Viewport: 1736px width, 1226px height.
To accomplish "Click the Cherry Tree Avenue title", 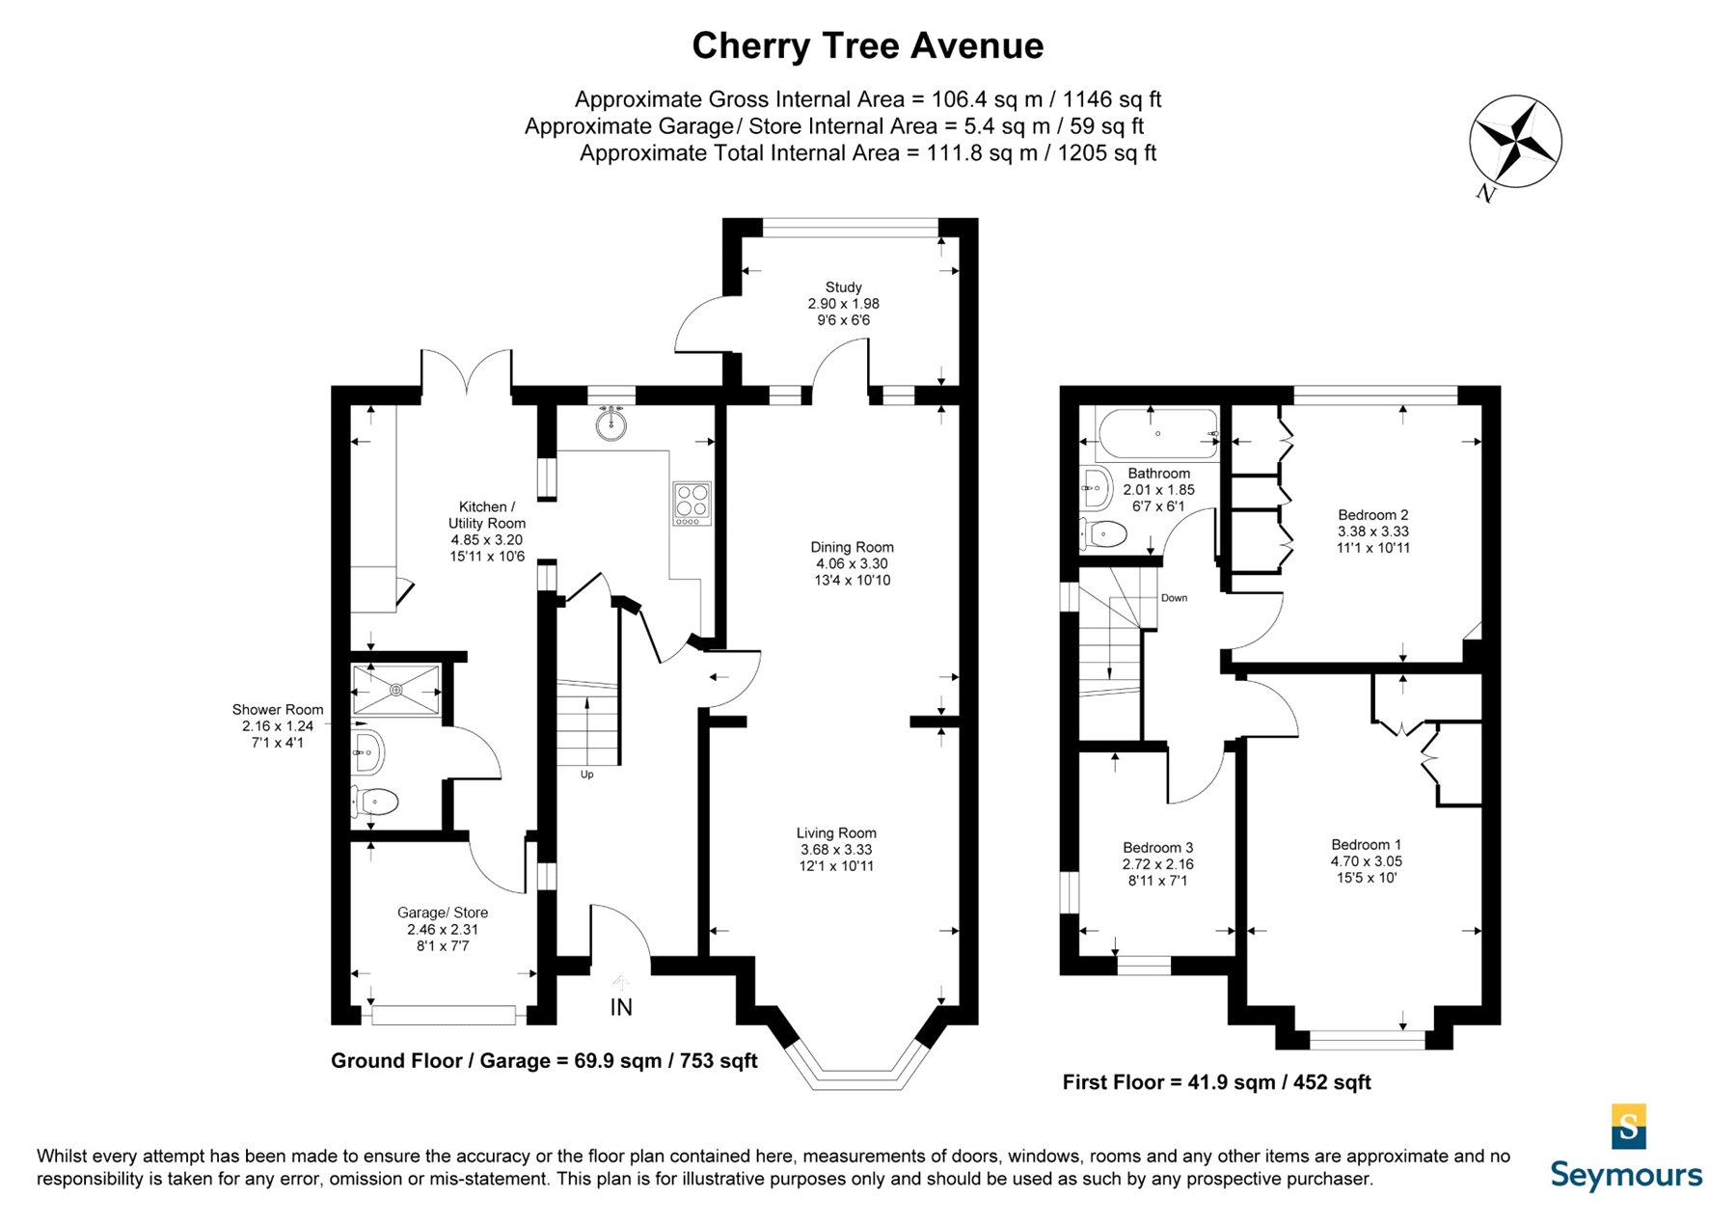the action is (x=867, y=45).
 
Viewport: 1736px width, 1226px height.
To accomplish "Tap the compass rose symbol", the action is (x=1515, y=142).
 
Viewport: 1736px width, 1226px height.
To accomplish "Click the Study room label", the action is (x=844, y=303).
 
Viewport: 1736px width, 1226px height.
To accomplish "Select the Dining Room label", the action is (x=852, y=563).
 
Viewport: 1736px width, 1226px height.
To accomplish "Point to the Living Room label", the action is (x=836, y=849).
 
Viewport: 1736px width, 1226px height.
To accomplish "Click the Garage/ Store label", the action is (x=443, y=929).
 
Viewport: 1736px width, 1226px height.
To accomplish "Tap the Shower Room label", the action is (x=278, y=725).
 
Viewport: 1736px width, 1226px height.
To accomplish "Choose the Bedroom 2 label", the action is (x=1373, y=531).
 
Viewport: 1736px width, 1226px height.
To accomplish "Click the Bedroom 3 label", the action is (x=1157, y=863).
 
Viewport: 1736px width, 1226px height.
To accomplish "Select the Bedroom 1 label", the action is (x=1367, y=860).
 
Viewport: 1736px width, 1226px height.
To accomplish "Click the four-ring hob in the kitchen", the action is (x=692, y=504).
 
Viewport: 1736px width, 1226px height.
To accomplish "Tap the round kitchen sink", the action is (x=610, y=422).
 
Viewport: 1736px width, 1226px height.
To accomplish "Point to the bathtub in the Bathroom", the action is (x=1157, y=435).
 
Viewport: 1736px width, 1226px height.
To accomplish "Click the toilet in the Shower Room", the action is (x=376, y=802).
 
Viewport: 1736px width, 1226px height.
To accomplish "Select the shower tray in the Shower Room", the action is (x=396, y=690).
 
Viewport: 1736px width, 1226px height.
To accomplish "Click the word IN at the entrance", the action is (x=621, y=1007).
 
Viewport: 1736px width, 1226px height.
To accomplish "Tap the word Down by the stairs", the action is (x=1174, y=598).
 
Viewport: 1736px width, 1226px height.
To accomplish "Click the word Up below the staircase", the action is (x=586, y=775).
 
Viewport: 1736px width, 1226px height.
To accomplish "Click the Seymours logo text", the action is (x=1626, y=1176).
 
